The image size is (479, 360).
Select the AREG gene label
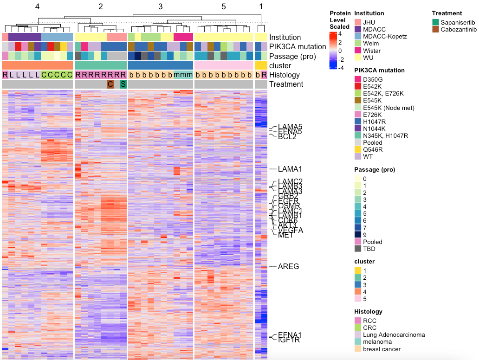[x=288, y=266]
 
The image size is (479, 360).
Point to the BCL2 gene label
[x=287, y=136]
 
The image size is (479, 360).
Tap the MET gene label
[x=285, y=235]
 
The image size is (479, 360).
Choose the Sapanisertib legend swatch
[x=435, y=22]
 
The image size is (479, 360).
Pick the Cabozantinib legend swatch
[x=435, y=29]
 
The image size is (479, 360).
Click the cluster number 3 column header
[x=161, y=6]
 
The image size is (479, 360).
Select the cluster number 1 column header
[x=261, y=6]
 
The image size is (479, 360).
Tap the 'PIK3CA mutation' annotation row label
[x=298, y=47]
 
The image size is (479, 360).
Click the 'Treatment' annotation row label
[x=286, y=84]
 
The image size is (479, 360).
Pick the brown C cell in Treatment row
[x=110, y=84]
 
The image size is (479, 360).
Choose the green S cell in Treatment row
[x=123, y=84]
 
